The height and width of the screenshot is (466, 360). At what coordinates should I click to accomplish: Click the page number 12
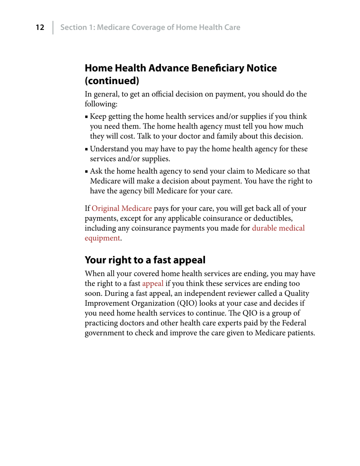click(40, 27)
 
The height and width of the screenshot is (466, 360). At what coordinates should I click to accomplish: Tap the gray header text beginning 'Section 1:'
click(150, 27)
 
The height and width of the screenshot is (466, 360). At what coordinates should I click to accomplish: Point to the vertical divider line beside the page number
click(53, 27)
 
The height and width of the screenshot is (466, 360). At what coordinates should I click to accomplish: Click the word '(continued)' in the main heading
click(112, 81)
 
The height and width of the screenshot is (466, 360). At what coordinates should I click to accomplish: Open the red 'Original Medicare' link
click(122, 208)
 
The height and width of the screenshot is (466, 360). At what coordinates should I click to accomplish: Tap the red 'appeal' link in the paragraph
click(153, 283)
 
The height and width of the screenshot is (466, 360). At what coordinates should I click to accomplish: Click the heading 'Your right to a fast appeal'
click(145, 260)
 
